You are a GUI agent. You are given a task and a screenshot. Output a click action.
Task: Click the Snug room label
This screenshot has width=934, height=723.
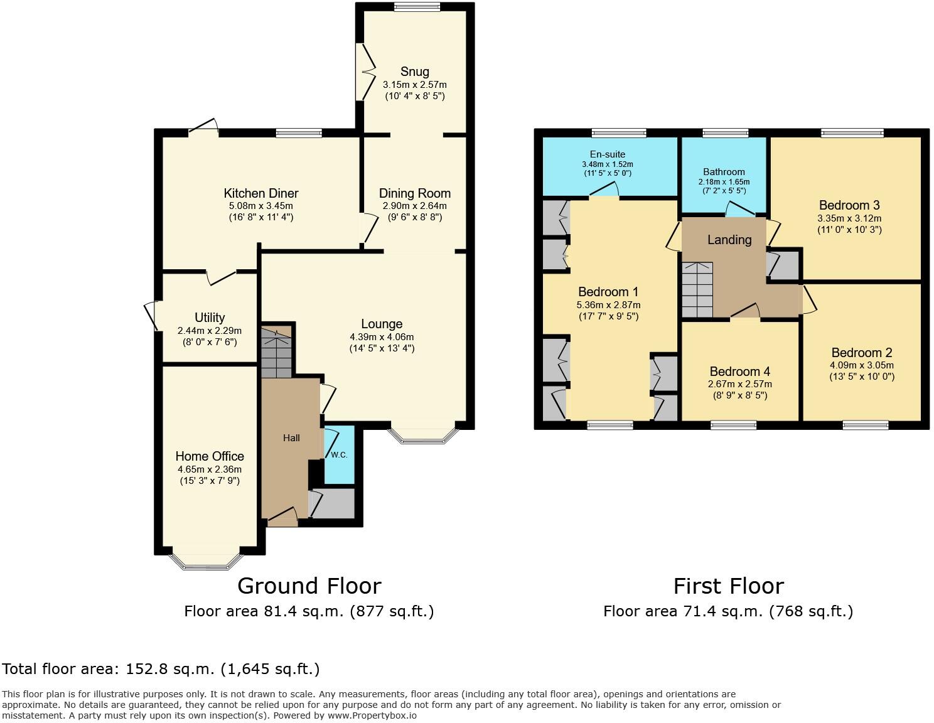[414, 72]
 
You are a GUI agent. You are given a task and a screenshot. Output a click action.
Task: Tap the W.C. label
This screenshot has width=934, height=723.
[339, 454]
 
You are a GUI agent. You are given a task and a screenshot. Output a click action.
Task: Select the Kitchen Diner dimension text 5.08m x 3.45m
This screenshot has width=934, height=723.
[261, 206]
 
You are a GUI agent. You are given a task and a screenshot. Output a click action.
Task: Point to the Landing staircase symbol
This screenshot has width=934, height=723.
[698, 289]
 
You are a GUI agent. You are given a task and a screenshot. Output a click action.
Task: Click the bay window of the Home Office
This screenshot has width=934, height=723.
[206, 562]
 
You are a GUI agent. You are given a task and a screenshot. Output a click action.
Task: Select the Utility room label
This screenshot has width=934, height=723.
[210, 318]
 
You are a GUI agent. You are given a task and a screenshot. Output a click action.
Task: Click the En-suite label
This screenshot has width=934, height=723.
[607, 154]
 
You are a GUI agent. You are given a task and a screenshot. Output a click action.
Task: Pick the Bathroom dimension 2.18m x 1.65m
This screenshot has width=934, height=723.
[724, 182]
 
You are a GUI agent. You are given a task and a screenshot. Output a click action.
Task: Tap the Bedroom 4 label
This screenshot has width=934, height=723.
[740, 372]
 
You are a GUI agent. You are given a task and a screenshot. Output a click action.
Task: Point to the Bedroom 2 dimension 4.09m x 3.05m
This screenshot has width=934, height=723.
[862, 365]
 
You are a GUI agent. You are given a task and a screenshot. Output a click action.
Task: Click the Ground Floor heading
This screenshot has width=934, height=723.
[309, 586]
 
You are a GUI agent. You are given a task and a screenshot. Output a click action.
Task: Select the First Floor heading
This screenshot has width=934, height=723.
[728, 586]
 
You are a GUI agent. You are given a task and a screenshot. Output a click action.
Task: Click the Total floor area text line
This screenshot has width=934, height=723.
[161, 669]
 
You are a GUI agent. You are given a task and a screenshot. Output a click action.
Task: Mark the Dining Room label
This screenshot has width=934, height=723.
[414, 193]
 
